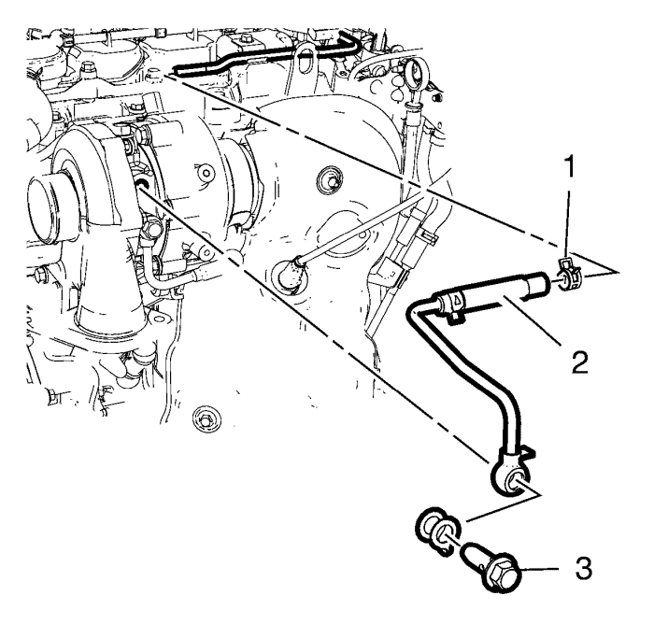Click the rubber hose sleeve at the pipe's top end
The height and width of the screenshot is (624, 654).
click(540, 281)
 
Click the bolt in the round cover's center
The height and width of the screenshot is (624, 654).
click(327, 177)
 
